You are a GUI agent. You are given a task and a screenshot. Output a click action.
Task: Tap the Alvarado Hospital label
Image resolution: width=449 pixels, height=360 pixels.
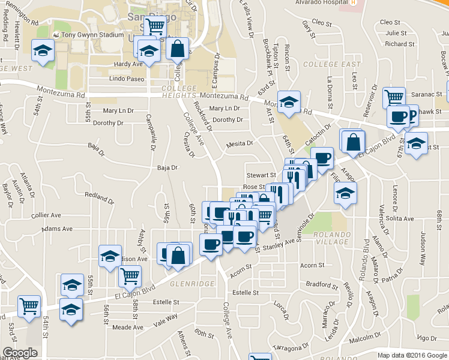(x=321, y=2)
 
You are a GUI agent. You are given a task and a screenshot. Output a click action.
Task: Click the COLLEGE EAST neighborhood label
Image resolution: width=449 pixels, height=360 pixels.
(x=332, y=64)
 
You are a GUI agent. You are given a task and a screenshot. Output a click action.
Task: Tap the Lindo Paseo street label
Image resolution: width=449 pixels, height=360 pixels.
(x=127, y=79)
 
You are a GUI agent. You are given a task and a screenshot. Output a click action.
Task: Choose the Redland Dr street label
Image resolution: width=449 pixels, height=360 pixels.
(x=98, y=196)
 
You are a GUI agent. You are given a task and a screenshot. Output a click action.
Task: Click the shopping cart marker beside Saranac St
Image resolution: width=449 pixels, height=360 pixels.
(x=394, y=97)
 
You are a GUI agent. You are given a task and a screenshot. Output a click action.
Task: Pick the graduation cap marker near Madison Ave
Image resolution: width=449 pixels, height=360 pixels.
(x=110, y=256)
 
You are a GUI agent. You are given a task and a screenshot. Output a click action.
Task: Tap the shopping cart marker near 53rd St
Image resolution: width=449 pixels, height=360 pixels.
(x=29, y=306)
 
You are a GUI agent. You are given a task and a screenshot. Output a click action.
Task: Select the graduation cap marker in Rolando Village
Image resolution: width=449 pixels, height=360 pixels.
(x=345, y=193)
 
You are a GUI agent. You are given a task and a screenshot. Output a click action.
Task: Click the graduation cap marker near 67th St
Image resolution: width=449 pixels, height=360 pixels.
(x=415, y=144)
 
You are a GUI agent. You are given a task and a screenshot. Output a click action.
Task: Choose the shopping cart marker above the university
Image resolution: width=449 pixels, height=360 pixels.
(x=155, y=26)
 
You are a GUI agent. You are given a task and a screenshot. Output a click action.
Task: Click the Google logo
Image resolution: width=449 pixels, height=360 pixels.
(x=20, y=353)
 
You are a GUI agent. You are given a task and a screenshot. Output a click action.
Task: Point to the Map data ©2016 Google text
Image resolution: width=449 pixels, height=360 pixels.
(x=411, y=355)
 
